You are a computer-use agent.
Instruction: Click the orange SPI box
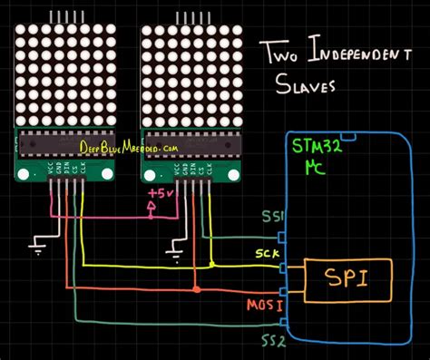click(x=348, y=279)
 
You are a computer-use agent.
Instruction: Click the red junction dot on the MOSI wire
click(x=196, y=290)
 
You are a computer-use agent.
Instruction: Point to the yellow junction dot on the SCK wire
click(x=211, y=266)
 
